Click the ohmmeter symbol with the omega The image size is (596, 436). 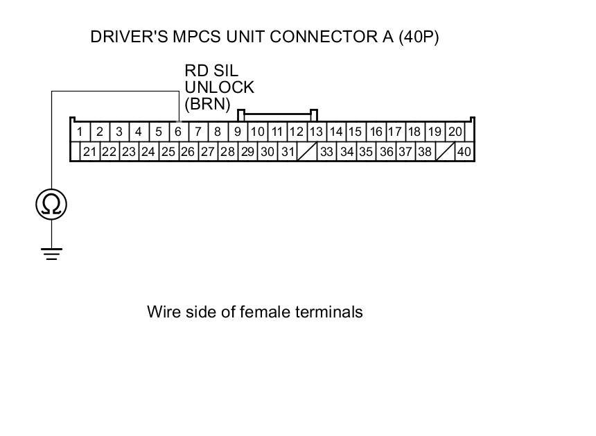pos(52,204)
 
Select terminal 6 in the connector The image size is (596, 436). pos(178,132)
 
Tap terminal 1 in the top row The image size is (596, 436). pos(80,132)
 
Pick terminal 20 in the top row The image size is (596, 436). pos(455,132)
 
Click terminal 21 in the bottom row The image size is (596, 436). pos(89,152)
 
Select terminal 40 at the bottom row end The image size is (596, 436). pos(464,152)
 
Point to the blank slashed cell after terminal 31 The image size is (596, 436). pos(307,152)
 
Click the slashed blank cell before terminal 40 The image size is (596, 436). pos(445,152)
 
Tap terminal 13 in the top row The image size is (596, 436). pos(316,132)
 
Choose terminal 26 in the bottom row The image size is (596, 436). pos(188,152)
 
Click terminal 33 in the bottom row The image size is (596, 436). pos(327,152)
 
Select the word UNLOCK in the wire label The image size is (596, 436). pos(219,88)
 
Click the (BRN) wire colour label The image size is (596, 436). pos(207,105)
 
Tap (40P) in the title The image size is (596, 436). pos(419,37)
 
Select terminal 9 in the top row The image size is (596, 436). pos(237,132)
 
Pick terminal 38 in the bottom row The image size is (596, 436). pos(425,152)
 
